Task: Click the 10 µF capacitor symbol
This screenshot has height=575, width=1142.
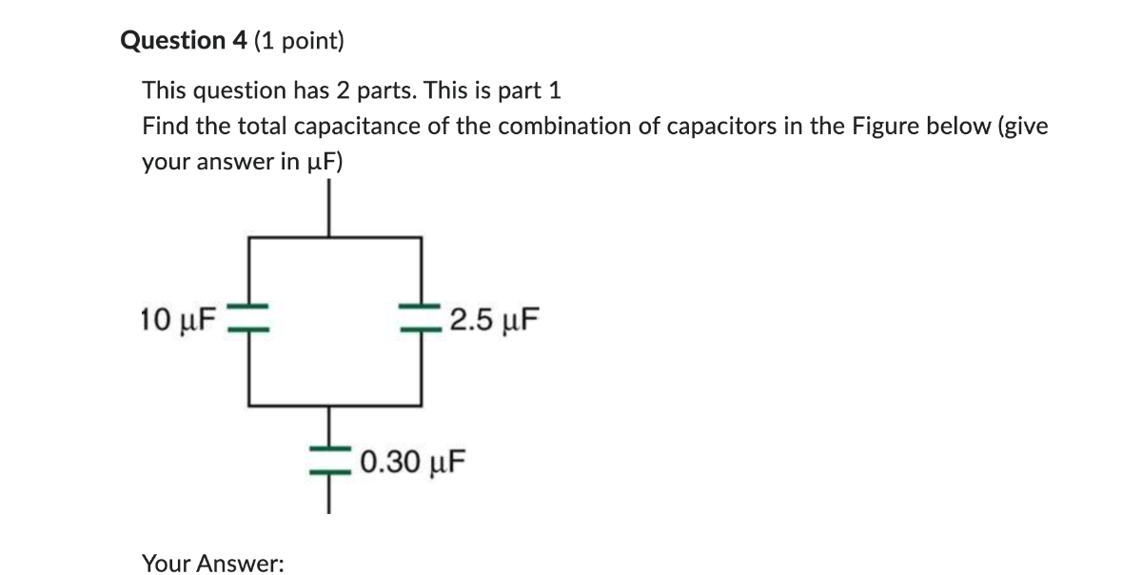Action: pyautogui.click(x=248, y=318)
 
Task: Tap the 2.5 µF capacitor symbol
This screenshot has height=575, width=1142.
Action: pyautogui.click(x=421, y=318)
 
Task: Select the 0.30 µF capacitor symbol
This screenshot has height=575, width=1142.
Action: pyautogui.click(x=330, y=461)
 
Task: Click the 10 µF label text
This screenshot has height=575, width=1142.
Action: pyautogui.click(x=179, y=320)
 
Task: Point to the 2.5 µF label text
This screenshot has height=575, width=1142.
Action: pyautogui.click(x=494, y=320)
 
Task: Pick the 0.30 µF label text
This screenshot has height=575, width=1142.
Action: pyautogui.click(x=413, y=463)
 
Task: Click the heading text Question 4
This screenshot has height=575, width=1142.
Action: pyautogui.click(x=184, y=40)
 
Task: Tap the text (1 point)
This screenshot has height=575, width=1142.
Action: pyautogui.click(x=299, y=41)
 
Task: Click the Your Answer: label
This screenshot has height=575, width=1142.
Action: pyautogui.click(x=213, y=564)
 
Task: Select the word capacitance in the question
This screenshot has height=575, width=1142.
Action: pyautogui.click(x=357, y=126)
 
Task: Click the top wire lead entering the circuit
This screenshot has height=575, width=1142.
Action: pyautogui.click(x=329, y=208)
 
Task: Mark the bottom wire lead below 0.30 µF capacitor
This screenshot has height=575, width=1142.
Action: pyautogui.click(x=329, y=494)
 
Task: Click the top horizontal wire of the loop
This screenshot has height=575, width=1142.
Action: pyautogui.click(x=335, y=237)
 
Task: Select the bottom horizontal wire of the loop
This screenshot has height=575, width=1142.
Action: pyautogui.click(x=335, y=406)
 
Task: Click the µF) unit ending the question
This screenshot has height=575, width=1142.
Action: pyautogui.click(x=325, y=162)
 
